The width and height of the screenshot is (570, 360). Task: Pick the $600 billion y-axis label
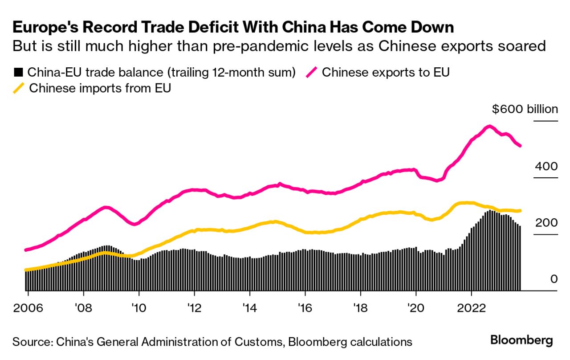[525, 109]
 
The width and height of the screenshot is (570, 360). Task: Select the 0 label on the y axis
[554, 279]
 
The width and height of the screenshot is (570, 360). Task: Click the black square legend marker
[18, 73]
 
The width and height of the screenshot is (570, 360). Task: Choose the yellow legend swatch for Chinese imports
[18, 88]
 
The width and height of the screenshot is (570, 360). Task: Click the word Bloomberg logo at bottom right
[521, 341]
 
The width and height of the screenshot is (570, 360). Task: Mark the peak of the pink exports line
[489, 127]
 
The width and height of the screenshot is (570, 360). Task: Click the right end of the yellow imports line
[520, 211]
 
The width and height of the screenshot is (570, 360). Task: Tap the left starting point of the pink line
[26, 250]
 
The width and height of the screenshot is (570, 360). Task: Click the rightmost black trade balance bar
[520, 258]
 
